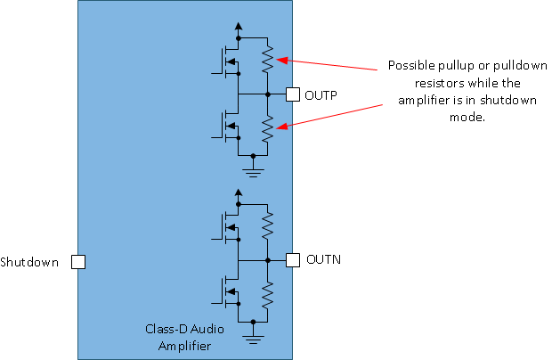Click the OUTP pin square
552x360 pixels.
(x=292, y=94)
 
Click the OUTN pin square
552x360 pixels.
(x=292, y=260)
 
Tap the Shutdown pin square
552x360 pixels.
(x=78, y=262)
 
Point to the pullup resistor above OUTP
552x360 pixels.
(x=267, y=61)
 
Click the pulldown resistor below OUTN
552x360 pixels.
(x=267, y=293)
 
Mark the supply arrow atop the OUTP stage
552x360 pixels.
(x=238, y=28)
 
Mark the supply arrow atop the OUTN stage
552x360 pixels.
(x=238, y=193)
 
